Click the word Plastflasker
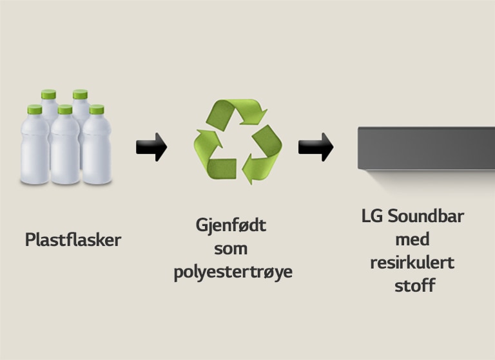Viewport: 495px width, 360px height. point(73,240)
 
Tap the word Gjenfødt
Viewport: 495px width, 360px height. point(231,227)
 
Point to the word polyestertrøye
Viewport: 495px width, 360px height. point(233,272)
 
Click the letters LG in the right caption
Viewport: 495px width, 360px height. point(372,216)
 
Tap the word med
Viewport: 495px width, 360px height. point(412,239)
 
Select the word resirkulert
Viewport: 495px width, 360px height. point(412,262)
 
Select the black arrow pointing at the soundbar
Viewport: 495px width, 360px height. point(315,147)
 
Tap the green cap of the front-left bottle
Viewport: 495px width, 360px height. point(34,109)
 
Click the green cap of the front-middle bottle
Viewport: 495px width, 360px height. point(64,109)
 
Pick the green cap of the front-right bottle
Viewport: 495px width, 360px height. point(97,109)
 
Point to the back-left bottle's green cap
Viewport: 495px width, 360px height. point(48,95)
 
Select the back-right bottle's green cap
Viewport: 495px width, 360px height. point(80,95)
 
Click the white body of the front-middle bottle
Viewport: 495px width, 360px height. point(64,151)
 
